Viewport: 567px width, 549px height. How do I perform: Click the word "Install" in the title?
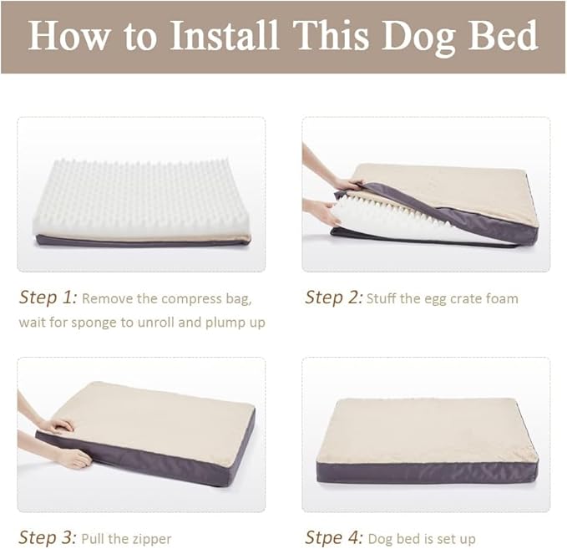[225, 36]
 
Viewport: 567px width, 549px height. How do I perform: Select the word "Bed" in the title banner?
[503, 36]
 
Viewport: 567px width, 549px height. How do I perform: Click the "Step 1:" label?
[48, 297]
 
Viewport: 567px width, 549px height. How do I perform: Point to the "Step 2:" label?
[333, 297]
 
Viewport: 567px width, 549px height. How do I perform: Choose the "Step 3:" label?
[48, 537]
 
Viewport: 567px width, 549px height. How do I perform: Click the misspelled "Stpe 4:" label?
[333, 537]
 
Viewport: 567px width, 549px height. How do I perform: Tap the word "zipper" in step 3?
[152, 538]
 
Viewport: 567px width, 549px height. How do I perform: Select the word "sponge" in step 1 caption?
[108, 322]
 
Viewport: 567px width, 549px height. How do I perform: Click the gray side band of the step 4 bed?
[426, 472]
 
